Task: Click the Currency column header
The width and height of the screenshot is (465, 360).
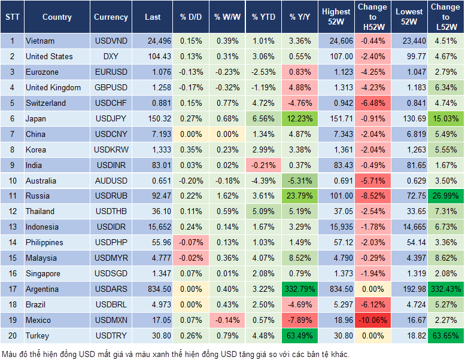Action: click(111, 17)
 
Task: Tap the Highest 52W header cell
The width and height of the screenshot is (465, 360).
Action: click(336, 17)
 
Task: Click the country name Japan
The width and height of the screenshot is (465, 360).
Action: click(35, 118)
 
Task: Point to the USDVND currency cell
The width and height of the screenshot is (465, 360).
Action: click(111, 41)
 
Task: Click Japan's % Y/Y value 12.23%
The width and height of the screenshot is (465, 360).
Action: click(299, 118)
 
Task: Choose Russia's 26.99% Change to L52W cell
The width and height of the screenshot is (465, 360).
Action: click(445, 196)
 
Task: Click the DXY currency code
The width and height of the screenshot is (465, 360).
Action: click(111, 56)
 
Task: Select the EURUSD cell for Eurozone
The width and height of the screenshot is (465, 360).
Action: click(111, 72)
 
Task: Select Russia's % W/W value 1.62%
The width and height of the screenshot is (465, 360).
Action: click(227, 196)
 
